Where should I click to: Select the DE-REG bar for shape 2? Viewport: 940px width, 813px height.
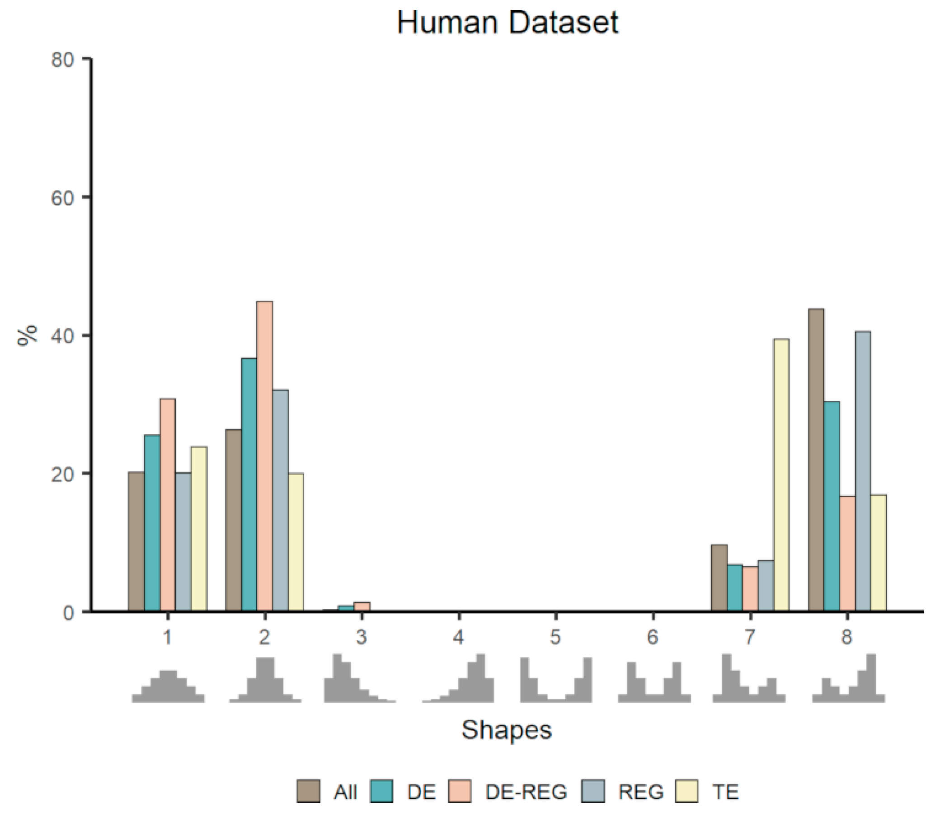(x=264, y=456)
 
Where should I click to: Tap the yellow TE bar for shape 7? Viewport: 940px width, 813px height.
(x=781, y=475)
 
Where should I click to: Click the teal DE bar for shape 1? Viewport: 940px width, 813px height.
(x=152, y=522)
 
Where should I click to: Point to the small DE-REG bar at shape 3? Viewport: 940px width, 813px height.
(x=362, y=607)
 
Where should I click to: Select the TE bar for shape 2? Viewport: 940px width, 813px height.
(x=296, y=542)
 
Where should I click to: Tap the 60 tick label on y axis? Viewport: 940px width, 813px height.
(x=62, y=198)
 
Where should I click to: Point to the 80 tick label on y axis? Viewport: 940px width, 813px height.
(x=62, y=60)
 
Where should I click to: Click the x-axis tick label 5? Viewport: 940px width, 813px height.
(x=555, y=637)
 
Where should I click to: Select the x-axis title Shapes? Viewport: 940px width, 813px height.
(x=507, y=730)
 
